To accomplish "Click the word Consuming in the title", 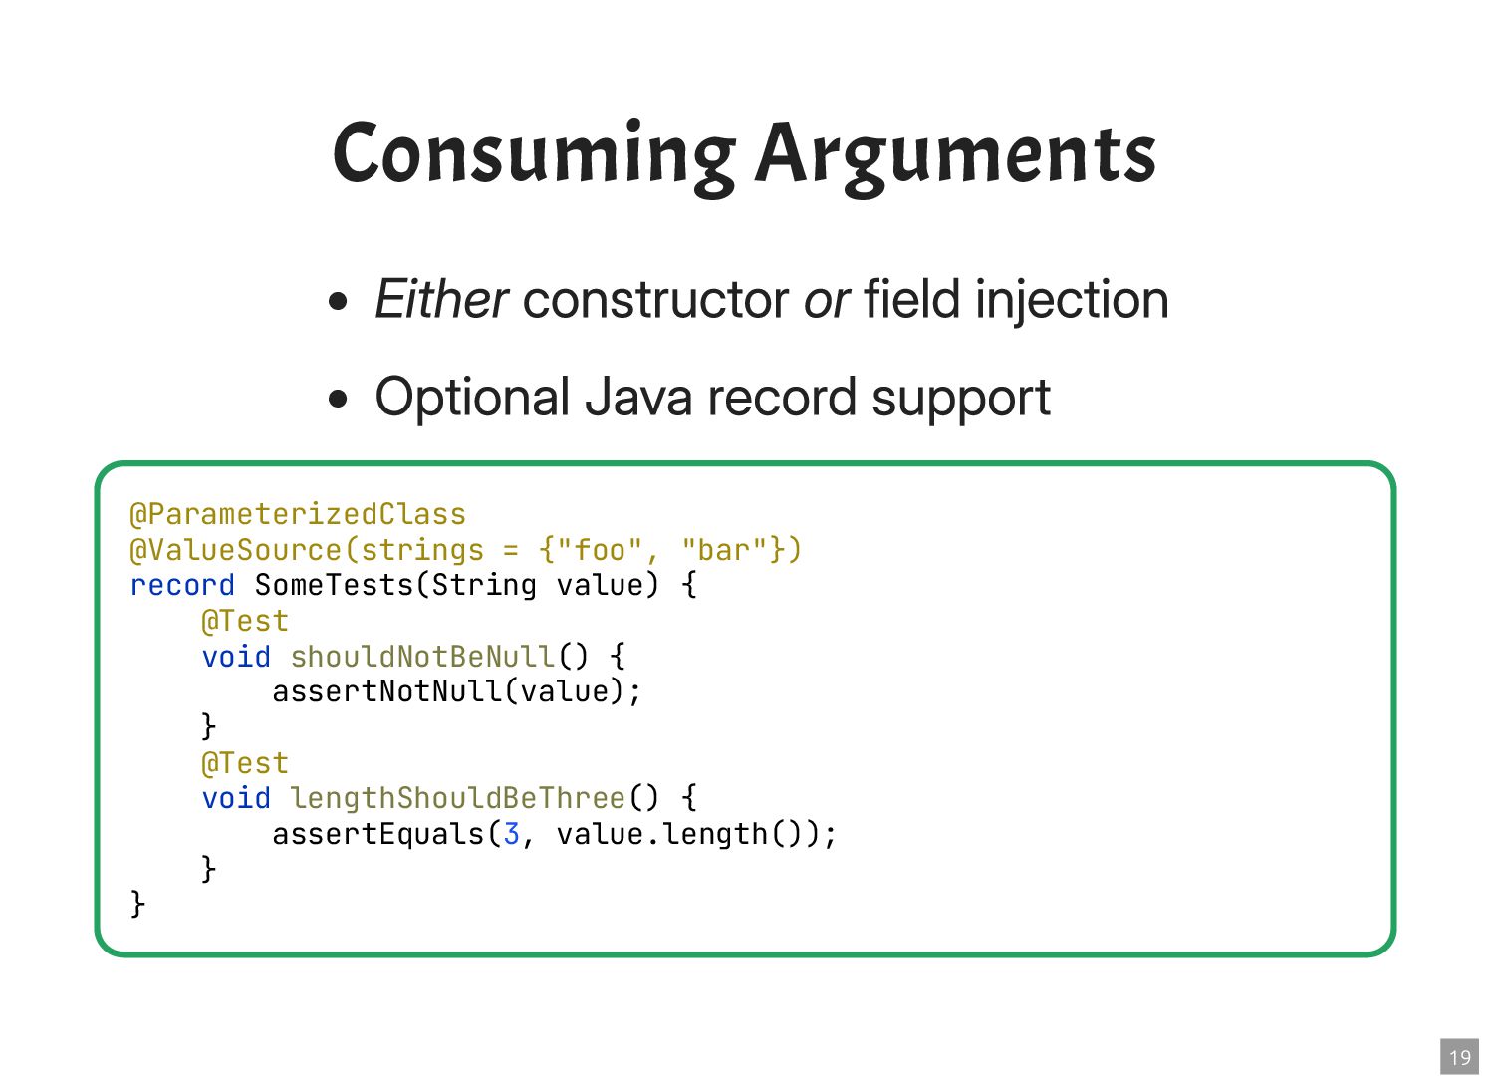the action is pos(534,154).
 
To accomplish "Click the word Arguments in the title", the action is pos(955,154).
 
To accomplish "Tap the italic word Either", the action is pos(441,299).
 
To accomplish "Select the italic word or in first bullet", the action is pos(826,299).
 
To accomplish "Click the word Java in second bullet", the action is pos(637,398).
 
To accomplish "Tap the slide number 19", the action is pos(1459,1057).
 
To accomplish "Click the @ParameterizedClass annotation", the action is pos(298,514).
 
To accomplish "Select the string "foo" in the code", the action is pos(601,550).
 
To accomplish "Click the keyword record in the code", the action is pos(182,585).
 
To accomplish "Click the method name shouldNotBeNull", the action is pos(422,657).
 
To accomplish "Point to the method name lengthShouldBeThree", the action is pos(457,798).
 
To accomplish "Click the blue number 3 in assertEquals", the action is pos(511,834).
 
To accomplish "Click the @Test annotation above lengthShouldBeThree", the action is pos(244,763).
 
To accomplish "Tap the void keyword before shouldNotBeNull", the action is pos(236,657).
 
